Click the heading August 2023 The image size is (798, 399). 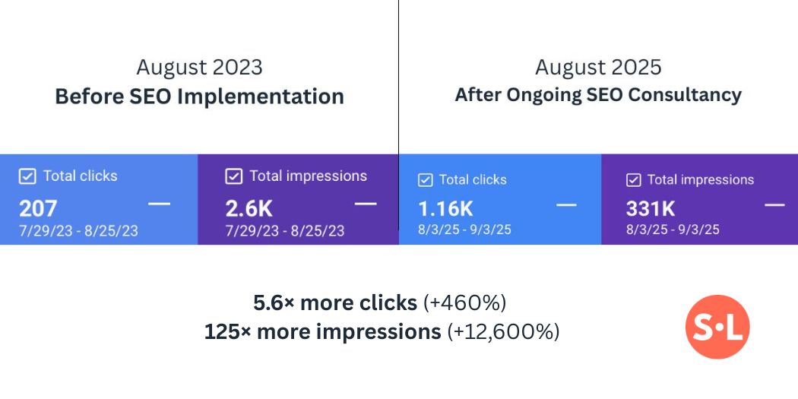pyautogui.click(x=199, y=67)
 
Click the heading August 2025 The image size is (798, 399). pyautogui.click(x=598, y=67)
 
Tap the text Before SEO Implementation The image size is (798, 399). pyautogui.click(x=199, y=97)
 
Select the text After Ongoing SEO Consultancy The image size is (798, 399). pyautogui.click(x=598, y=95)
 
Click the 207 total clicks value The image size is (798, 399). pyautogui.click(x=38, y=208)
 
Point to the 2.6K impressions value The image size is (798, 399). pyautogui.click(x=249, y=208)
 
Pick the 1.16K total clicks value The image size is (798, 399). pyautogui.click(x=445, y=208)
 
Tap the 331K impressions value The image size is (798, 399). pyautogui.click(x=651, y=208)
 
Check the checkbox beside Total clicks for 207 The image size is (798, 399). pyautogui.click(x=27, y=176)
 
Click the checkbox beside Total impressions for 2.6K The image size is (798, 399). pyautogui.click(x=234, y=176)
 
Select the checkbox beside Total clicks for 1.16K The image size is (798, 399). pyautogui.click(x=426, y=180)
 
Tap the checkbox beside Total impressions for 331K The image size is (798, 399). pyautogui.click(x=633, y=180)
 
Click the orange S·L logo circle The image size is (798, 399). pyautogui.click(x=717, y=327)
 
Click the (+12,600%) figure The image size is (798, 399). pyautogui.click(x=503, y=331)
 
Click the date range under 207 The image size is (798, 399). pyautogui.click(x=79, y=230)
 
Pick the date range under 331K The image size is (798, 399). pyautogui.click(x=673, y=230)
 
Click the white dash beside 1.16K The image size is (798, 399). pyautogui.click(x=566, y=205)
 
